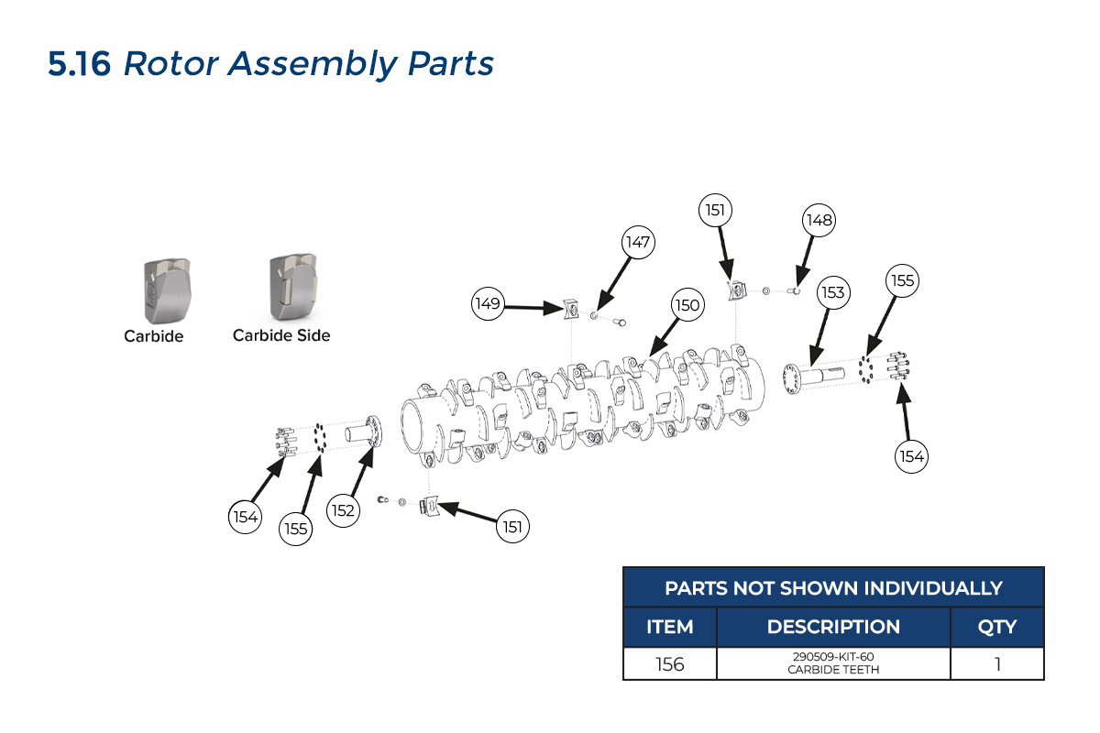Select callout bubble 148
(819, 220)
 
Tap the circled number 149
(489, 303)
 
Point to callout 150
(687, 306)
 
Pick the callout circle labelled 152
(343, 510)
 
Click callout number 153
(832, 293)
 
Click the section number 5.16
(80, 64)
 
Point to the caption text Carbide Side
(281, 335)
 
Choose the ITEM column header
(669, 628)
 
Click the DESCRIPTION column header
(833, 628)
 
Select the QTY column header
(996, 628)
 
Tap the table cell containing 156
(669, 664)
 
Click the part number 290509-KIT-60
(833, 657)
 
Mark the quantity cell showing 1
(996, 664)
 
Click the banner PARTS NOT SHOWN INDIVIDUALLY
(833, 587)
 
